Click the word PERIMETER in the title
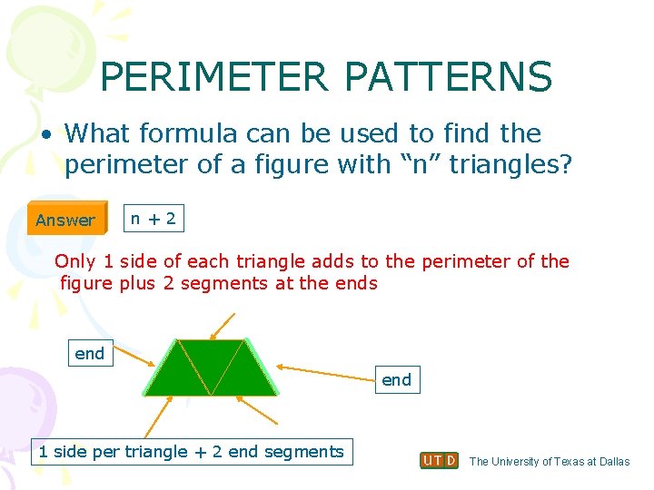tap(214, 78)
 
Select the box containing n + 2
tap(153, 218)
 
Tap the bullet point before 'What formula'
tap(45, 134)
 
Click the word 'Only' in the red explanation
tap(75, 261)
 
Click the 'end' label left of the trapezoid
tap(89, 353)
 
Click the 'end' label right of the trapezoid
tap(396, 379)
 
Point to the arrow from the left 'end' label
tap(135, 359)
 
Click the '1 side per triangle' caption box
tap(191, 451)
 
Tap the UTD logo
tap(440, 460)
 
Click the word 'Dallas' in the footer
tap(610, 461)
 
